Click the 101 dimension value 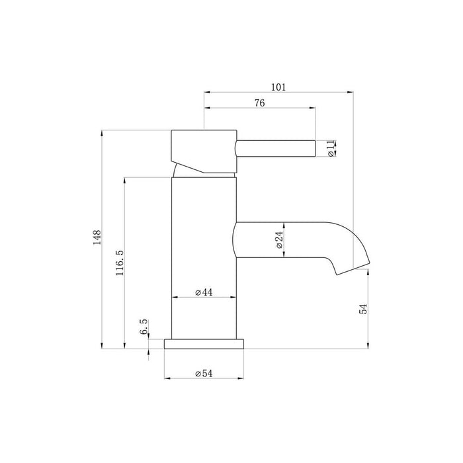278,86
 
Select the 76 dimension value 260,103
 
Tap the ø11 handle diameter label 331,149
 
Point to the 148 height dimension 97,238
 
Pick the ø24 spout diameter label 279,239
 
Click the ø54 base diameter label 203,374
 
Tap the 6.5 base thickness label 144,328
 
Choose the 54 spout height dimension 363,309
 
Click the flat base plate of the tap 204,343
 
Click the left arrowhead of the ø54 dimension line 166,379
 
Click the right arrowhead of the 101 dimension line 352,91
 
